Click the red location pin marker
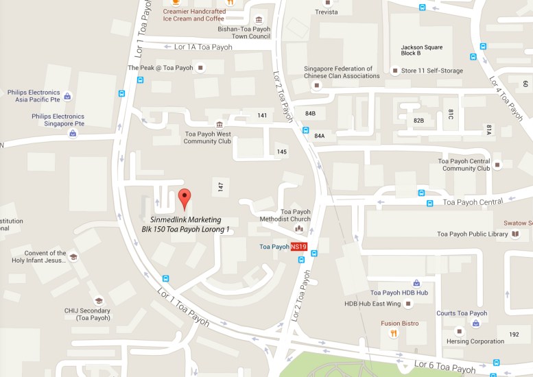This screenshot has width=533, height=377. (x=184, y=198)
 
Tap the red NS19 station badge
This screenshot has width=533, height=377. (x=298, y=247)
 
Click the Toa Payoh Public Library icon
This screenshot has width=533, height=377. (x=515, y=234)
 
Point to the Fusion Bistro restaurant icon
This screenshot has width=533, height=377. (x=393, y=333)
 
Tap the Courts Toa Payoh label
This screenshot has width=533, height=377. (x=462, y=313)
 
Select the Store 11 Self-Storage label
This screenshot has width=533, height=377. (x=431, y=71)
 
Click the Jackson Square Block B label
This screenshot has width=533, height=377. (x=420, y=50)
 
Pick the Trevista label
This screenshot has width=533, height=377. (x=327, y=12)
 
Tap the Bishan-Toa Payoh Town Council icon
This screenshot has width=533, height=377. (x=258, y=19)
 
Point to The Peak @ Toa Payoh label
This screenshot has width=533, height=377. (x=160, y=68)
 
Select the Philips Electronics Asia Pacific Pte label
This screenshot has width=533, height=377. (x=35, y=96)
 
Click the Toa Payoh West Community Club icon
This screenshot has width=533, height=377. (x=219, y=124)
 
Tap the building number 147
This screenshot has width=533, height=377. (x=220, y=186)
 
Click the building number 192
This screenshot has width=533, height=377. (x=514, y=335)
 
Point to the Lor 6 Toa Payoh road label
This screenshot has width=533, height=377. (x=444, y=366)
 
